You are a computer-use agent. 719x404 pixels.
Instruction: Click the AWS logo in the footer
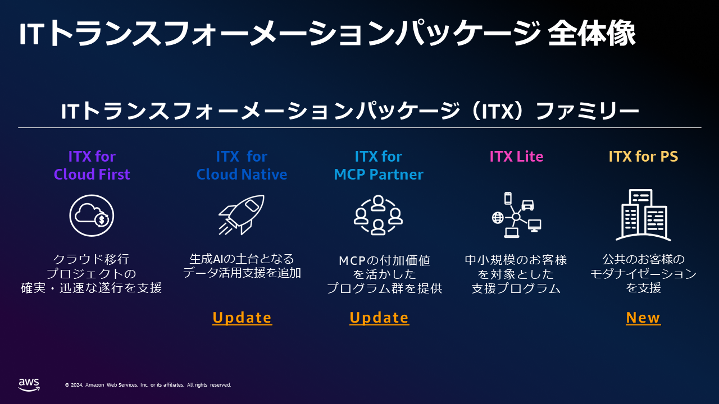click(x=29, y=385)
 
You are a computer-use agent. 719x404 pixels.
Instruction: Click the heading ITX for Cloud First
click(x=92, y=166)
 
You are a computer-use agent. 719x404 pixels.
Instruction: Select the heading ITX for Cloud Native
click(x=242, y=166)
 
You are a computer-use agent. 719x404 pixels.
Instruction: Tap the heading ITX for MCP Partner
click(x=379, y=166)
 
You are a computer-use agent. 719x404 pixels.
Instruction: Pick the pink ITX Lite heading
click(x=516, y=157)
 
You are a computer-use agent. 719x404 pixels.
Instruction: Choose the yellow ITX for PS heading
click(x=643, y=157)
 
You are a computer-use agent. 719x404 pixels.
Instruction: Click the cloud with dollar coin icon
click(x=92, y=215)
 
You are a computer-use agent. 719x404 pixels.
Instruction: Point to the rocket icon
click(x=242, y=215)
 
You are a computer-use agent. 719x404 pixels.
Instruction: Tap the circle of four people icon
click(x=378, y=215)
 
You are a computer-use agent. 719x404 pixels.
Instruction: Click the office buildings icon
click(x=643, y=215)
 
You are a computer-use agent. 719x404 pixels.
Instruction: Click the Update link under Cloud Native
click(x=242, y=318)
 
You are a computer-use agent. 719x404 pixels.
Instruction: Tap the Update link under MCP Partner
click(x=379, y=318)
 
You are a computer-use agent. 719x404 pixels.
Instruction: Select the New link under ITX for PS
click(x=643, y=318)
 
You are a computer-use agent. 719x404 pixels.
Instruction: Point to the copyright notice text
click(x=148, y=385)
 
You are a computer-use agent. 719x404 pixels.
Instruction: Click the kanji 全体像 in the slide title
click(x=591, y=33)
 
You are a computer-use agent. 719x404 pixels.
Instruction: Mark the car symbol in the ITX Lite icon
click(x=527, y=205)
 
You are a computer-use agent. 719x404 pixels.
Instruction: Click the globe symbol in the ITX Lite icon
click(x=498, y=218)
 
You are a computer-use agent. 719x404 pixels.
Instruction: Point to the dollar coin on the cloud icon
click(x=102, y=219)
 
